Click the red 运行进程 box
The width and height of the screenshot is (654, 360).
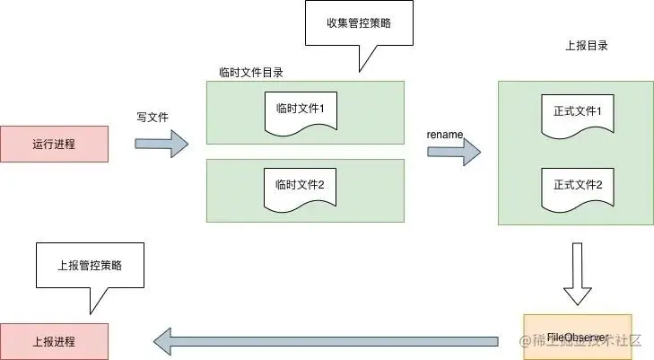click(54, 145)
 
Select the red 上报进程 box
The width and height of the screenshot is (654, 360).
click(54, 341)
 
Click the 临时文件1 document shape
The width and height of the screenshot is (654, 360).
click(300, 111)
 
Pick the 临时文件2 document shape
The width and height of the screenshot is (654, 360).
click(300, 187)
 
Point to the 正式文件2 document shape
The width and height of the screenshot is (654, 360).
click(578, 188)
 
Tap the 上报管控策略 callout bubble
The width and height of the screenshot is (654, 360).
click(89, 265)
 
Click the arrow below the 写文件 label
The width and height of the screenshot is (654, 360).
click(162, 144)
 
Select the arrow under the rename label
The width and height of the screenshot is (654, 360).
click(453, 152)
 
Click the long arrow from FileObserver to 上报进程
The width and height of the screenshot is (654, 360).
click(324, 341)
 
